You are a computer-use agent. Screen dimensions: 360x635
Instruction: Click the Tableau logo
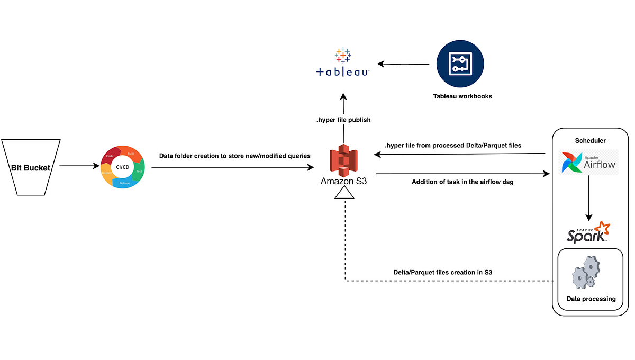coord(342,64)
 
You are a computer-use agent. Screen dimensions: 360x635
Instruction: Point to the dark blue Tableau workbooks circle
coord(460,64)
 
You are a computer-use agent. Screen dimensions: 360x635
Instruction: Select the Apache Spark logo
coord(588,232)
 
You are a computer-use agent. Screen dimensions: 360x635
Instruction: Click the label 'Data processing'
coord(591,299)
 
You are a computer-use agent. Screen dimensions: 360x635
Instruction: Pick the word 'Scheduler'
coord(591,141)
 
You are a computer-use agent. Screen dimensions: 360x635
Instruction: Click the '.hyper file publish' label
coord(343,120)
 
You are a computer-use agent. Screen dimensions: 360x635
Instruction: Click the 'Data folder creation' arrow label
coord(234,156)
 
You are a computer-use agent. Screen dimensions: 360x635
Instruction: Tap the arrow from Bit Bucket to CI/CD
coord(78,166)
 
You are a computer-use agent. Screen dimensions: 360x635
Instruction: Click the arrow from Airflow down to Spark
coord(588,199)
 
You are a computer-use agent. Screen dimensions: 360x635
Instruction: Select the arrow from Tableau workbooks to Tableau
coord(403,65)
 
